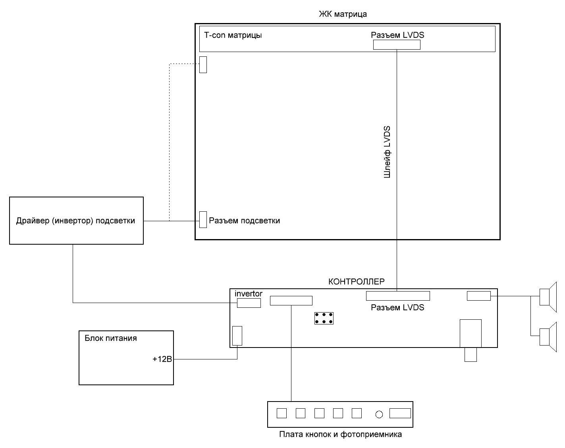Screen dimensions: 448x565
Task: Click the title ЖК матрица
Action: pyautogui.click(x=343, y=15)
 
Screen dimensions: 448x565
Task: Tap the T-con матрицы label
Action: pyautogui.click(x=233, y=35)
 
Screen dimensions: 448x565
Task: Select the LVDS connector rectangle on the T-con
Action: pyautogui.click(x=397, y=44)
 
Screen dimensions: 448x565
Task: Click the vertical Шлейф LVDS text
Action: pyautogui.click(x=388, y=152)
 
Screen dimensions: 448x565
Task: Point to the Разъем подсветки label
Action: pyautogui.click(x=245, y=221)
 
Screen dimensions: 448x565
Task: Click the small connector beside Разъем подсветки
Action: pyautogui.click(x=203, y=219)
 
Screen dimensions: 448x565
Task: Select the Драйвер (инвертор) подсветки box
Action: pyautogui.click(x=76, y=220)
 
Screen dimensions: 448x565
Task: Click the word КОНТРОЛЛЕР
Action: pyautogui.click(x=356, y=282)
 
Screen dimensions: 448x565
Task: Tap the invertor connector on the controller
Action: pyautogui.click(x=249, y=303)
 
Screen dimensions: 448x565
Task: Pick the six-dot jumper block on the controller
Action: pyautogui.click(x=324, y=318)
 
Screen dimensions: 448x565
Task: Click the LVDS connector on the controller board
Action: pyautogui.click(x=398, y=296)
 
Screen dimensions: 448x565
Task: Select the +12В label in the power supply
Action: pyautogui.click(x=162, y=359)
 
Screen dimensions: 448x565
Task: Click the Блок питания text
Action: pyautogui.click(x=111, y=338)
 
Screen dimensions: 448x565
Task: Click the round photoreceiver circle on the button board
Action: pyautogui.click(x=379, y=415)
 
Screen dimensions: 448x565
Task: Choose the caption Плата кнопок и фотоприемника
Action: pyautogui.click(x=340, y=434)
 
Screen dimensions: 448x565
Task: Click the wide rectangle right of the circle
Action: pyautogui.click(x=400, y=413)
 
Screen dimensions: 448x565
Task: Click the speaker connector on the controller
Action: pyautogui.click(x=479, y=296)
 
